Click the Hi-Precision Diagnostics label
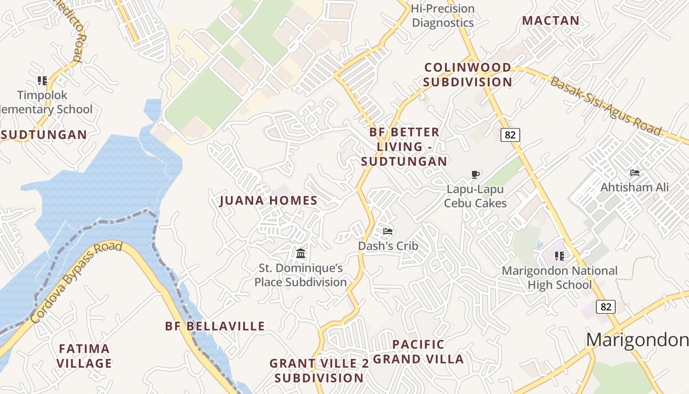443,16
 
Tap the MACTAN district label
551,21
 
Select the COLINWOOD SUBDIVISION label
468,74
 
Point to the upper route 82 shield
510,134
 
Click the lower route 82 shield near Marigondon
606,307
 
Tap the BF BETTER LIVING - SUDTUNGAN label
404,146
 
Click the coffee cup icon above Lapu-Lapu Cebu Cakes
475,174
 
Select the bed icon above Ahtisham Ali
635,173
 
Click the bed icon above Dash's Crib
388,231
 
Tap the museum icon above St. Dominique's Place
301,254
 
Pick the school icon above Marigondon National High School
559,256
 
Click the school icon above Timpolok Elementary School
42,80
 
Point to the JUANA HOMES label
268,200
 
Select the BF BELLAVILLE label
215,326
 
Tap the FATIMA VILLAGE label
84,356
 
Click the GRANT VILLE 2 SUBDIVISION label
319,371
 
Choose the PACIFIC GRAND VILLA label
418,352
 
